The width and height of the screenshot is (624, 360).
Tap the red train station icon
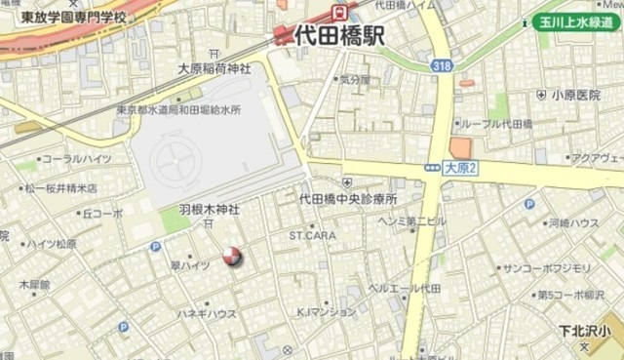tap(340, 13)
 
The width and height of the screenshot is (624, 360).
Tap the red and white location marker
tap(232, 256)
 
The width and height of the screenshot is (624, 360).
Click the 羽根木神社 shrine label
tap(208, 210)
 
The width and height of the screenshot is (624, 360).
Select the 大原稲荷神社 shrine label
tap(214, 69)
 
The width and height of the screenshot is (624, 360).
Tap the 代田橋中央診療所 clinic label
tap(348, 198)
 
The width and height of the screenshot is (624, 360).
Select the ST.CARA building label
tap(312, 235)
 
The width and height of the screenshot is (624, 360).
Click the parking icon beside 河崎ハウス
tap(529, 204)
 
